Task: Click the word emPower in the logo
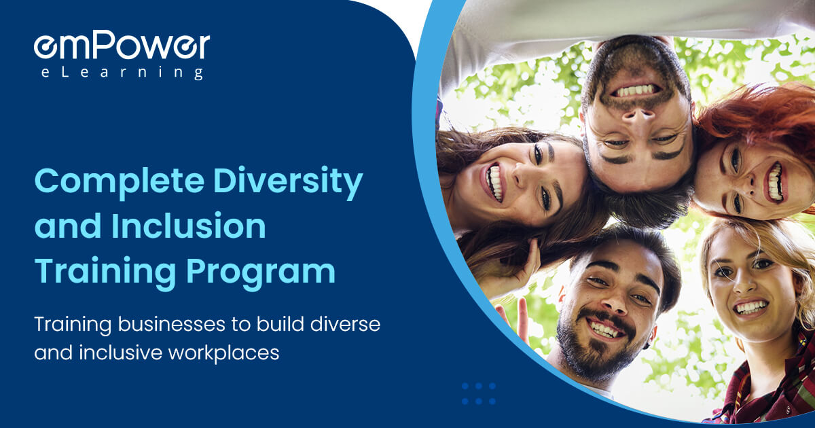tap(122, 46)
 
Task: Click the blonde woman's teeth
tap(750, 307)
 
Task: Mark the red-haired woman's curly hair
tap(754, 112)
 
